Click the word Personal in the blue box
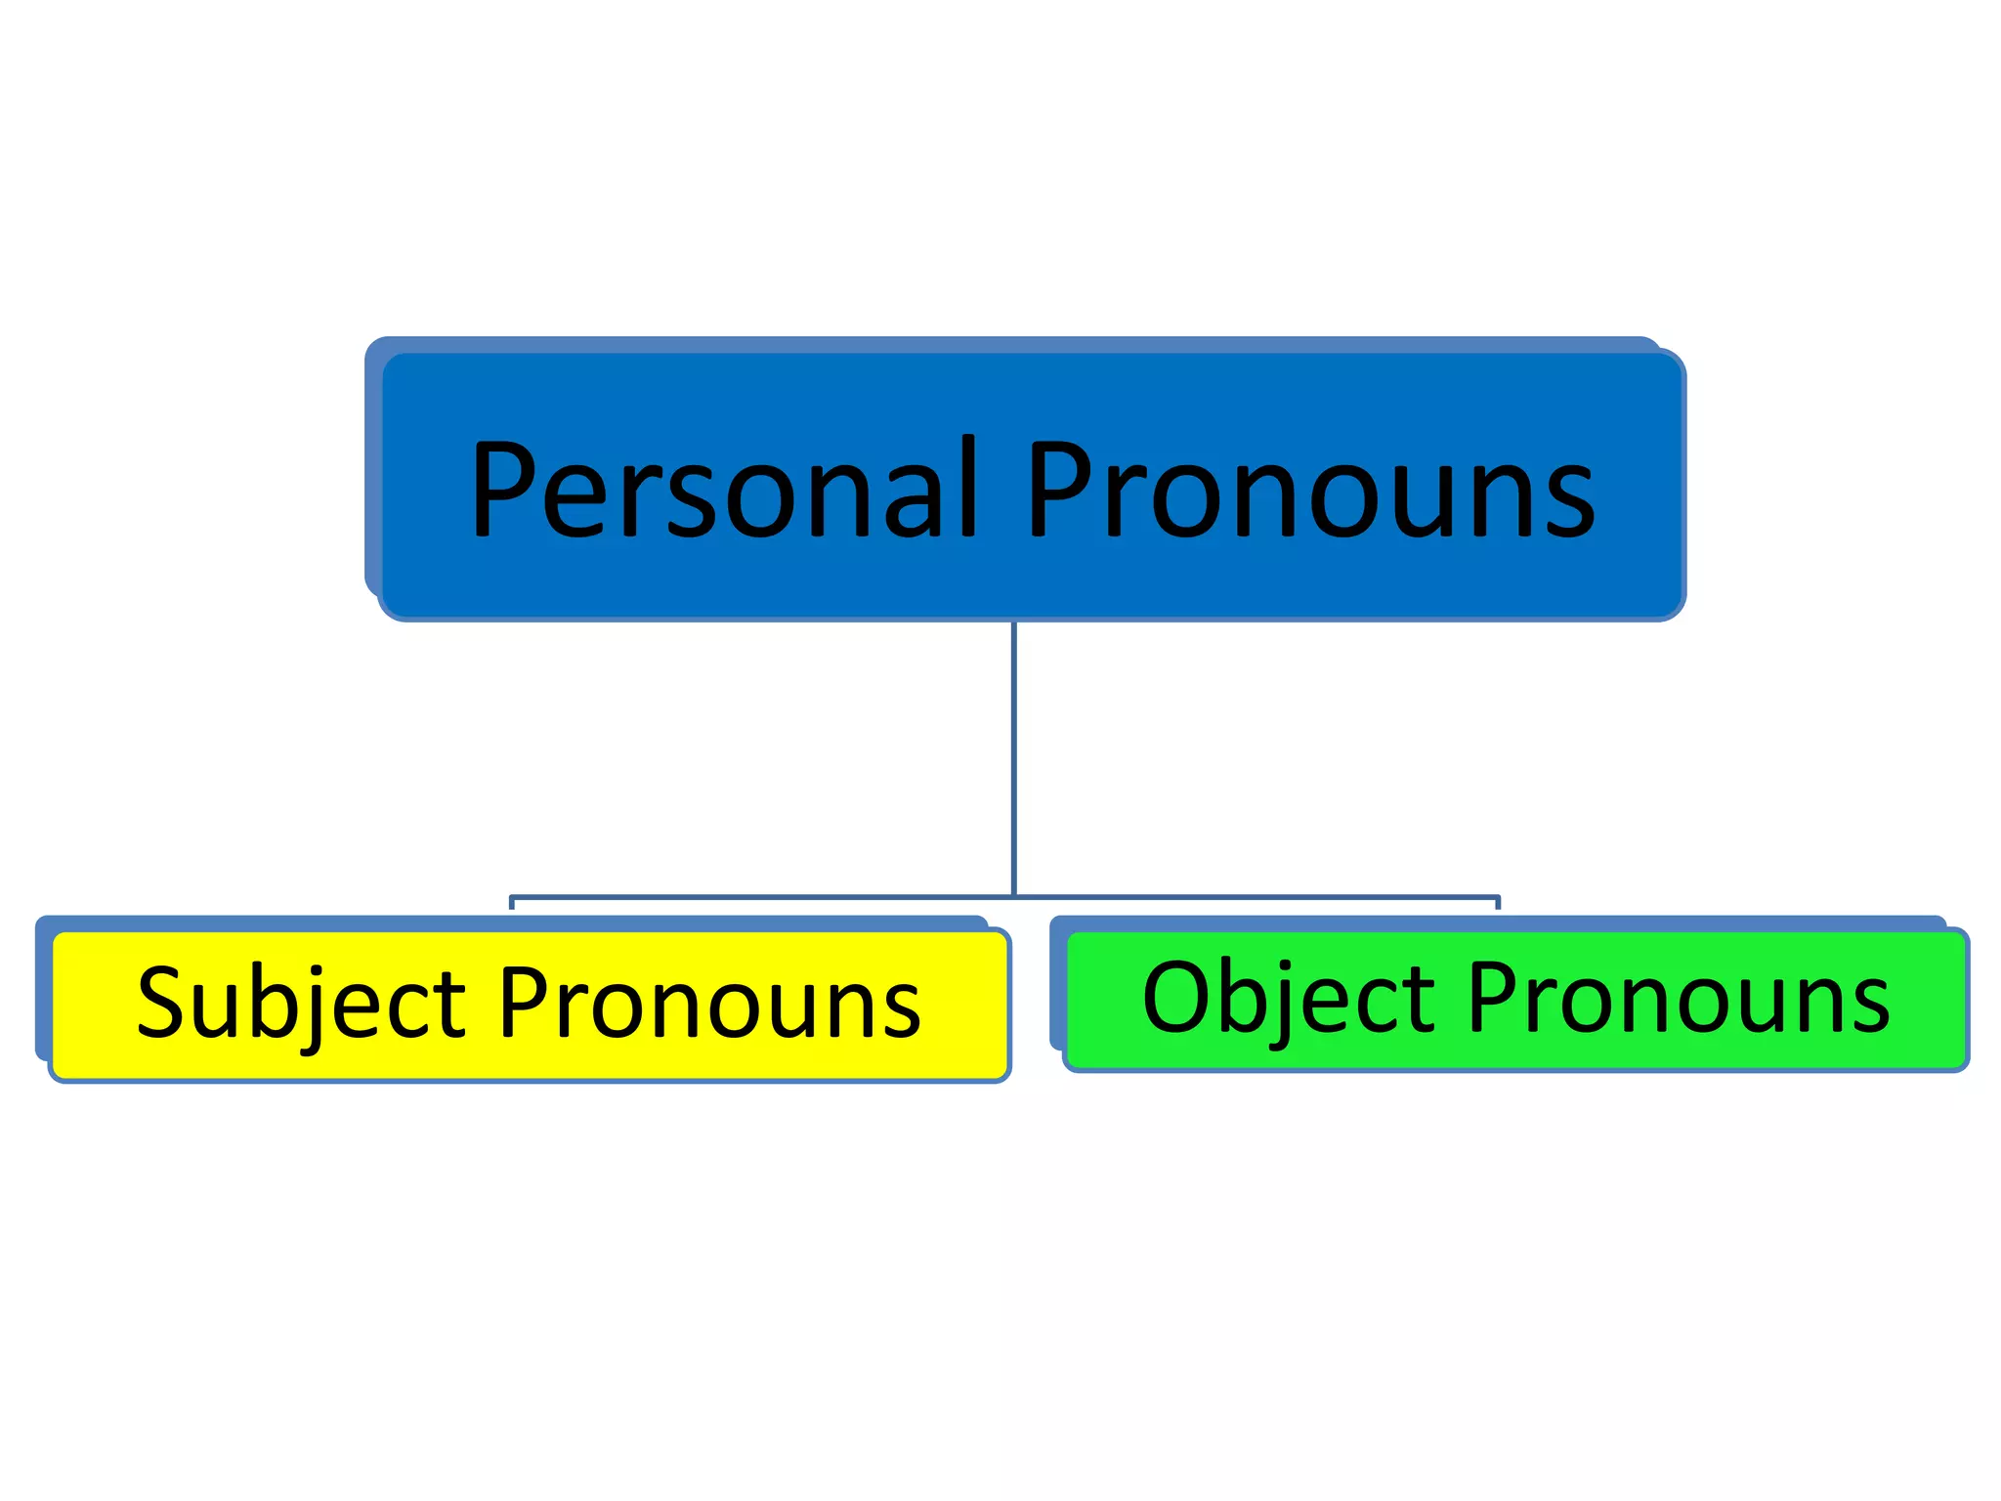pos(723,489)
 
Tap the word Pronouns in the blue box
pos(1309,489)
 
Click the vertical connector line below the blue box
pos(1014,752)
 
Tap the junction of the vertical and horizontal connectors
pos(1014,896)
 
